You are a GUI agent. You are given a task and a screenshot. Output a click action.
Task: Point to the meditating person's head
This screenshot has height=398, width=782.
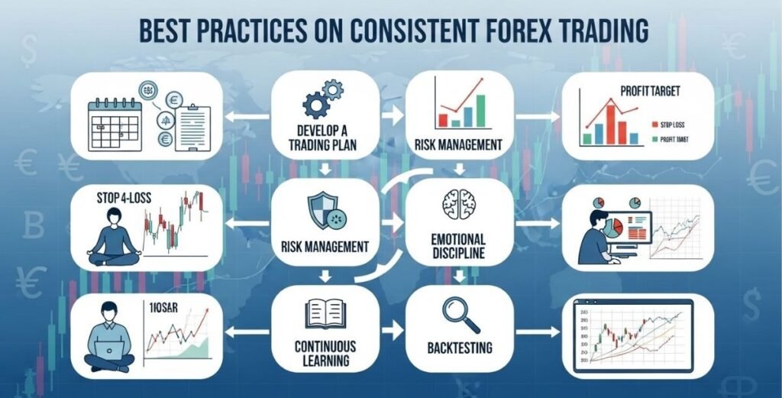tap(112, 218)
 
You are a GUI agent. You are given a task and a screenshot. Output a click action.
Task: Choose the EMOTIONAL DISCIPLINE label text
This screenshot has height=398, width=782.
tap(459, 246)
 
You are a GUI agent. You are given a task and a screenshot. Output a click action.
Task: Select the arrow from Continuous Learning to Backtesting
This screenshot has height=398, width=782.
tap(391, 332)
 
